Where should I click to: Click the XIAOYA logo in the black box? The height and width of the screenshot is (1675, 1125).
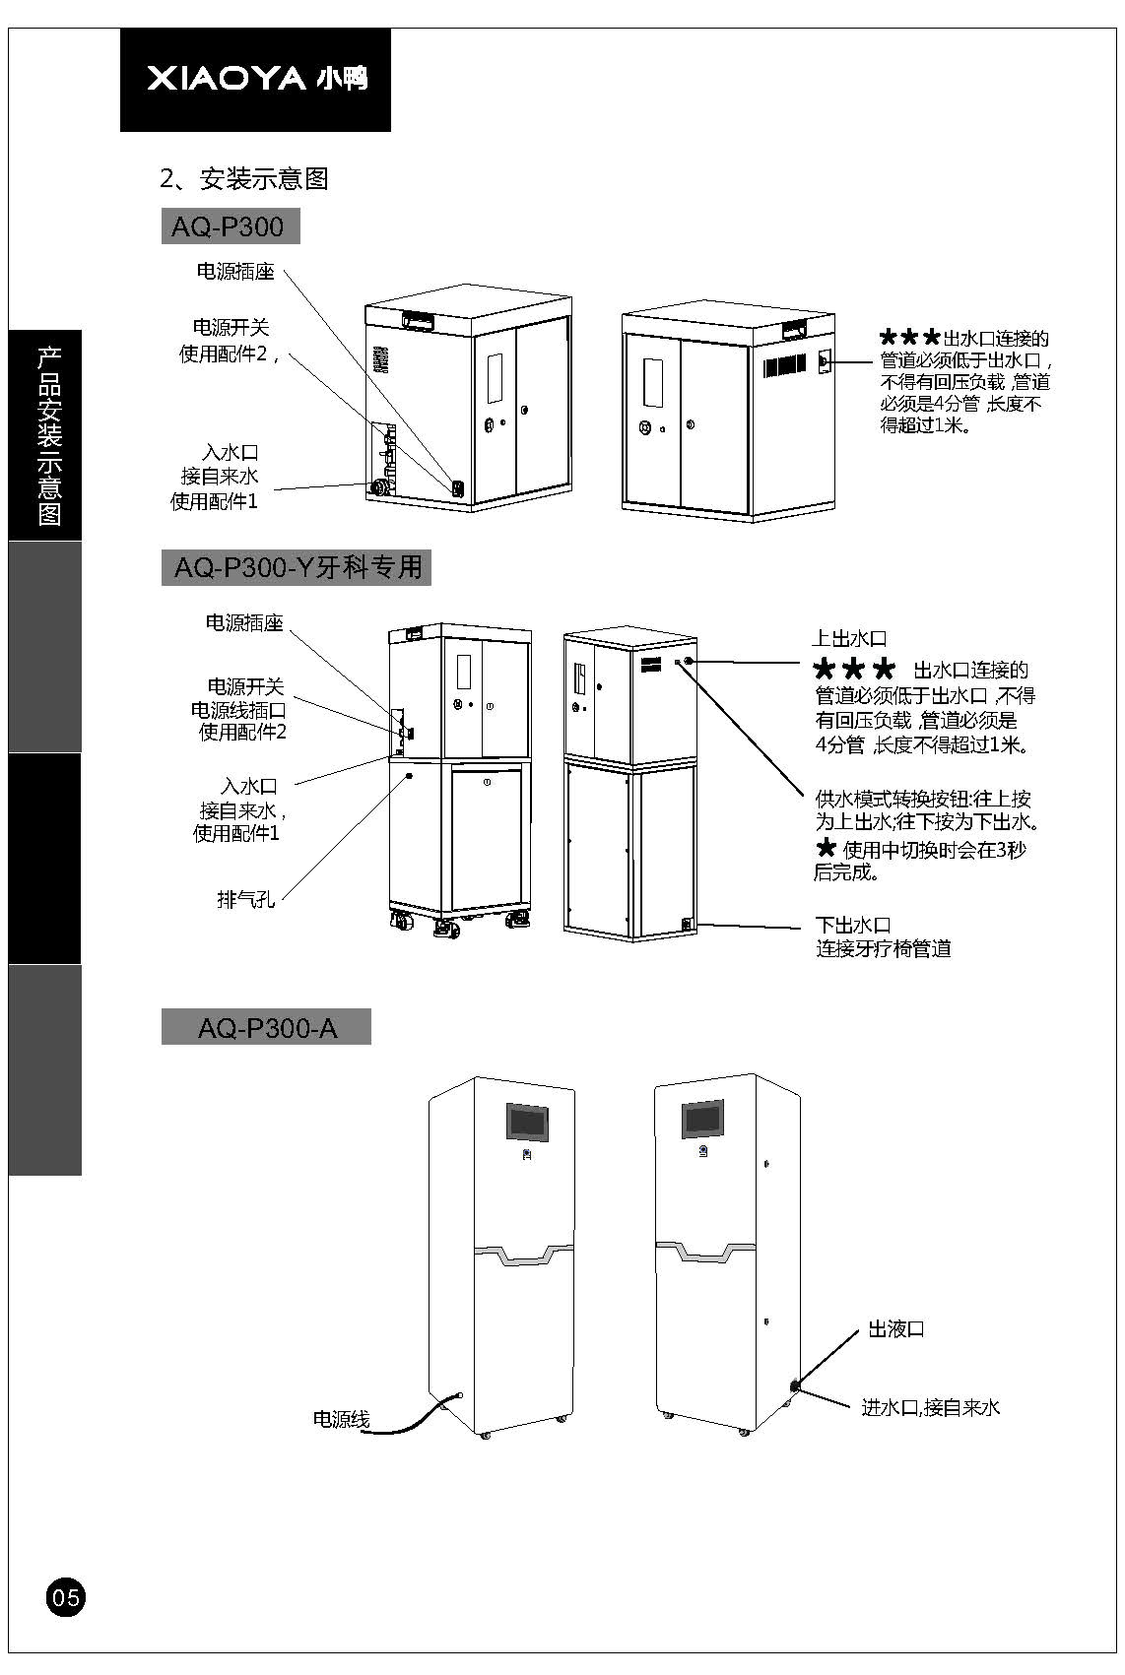pyautogui.click(x=256, y=79)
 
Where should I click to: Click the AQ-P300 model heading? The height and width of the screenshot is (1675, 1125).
pyautogui.click(x=229, y=227)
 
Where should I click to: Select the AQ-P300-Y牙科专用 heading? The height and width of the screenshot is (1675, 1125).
pyautogui.click(x=297, y=568)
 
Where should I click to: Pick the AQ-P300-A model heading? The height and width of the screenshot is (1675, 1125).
pyautogui.click(x=266, y=1028)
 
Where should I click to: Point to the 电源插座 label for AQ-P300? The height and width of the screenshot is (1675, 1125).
pyautogui.click(x=235, y=272)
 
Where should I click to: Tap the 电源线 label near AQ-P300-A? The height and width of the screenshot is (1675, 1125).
pyautogui.click(x=341, y=1419)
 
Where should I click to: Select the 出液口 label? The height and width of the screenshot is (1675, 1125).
pyautogui.click(x=895, y=1329)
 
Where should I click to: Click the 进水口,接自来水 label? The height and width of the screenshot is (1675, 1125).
pyautogui.click(x=931, y=1408)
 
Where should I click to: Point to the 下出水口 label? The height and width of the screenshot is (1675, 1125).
pyautogui.click(x=853, y=926)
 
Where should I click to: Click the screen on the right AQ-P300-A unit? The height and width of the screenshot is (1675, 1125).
pyautogui.click(x=704, y=1118)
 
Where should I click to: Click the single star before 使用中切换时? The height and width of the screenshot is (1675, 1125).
pyautogui.click(x=826, y=848)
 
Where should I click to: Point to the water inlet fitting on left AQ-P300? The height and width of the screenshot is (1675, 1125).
pyautogui.click(x=377, y=486)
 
